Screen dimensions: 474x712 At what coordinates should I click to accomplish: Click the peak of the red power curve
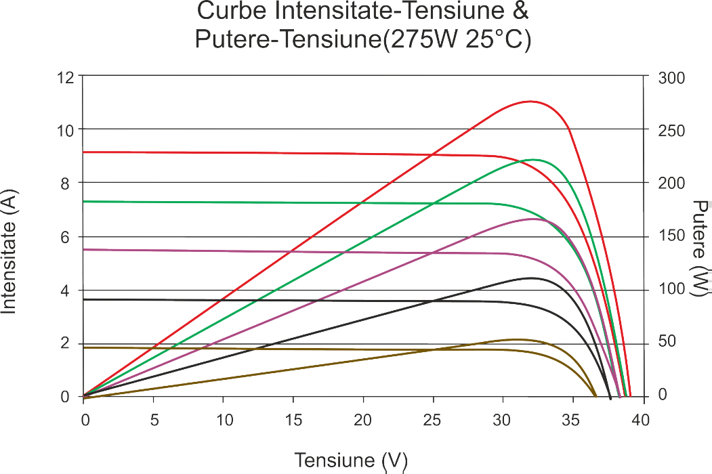click(530, 102)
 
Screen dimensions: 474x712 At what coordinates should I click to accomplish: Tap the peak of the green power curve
click(532, 160)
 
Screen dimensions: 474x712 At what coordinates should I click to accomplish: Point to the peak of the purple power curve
click(532, 219)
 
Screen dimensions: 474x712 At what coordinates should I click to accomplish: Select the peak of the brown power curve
click(516, 339)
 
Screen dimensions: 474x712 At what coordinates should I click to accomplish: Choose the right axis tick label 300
click(671, 77)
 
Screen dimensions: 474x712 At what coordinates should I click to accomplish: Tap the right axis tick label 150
click(671, 236)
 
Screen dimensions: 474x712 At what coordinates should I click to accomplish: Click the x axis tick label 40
click(641, 421)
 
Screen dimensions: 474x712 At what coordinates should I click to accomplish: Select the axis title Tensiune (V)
click(351, 460)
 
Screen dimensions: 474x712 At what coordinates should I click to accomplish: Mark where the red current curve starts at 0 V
click(83, 152)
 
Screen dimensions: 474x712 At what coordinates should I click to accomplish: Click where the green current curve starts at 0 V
click(83, 201)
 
